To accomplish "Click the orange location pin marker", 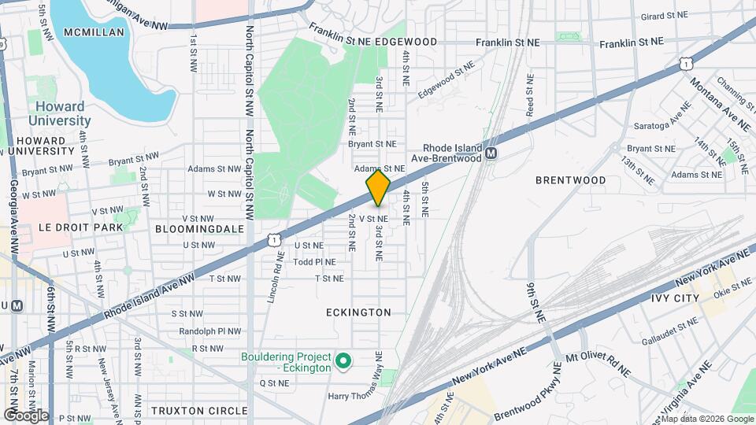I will coord(378,188).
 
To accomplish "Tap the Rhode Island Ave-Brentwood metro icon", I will coord(491,153).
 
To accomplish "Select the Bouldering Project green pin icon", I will coord(343,361).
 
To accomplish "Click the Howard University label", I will coord(60,113).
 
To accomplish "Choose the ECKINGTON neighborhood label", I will coord(358,312).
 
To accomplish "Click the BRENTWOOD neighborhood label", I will coord(570,180).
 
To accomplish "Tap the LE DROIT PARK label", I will coord(81,227).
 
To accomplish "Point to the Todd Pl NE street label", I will coord(314,262).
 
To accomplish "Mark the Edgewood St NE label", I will coord(447,79).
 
